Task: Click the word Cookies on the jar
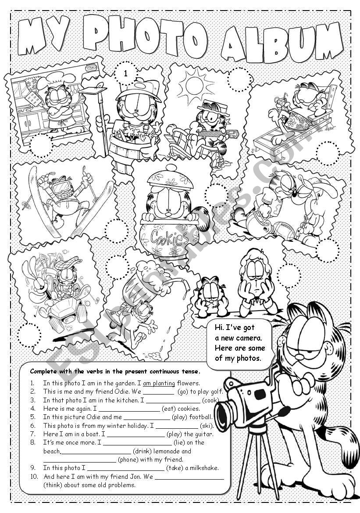[x=169, y=238]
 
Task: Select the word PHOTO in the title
[x=145, y=37]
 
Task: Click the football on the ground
[x=284, y=230]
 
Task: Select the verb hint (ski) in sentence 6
[x=206, y=426]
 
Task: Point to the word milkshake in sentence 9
[x=203, y=468]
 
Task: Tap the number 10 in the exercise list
[x=33, y=477]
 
